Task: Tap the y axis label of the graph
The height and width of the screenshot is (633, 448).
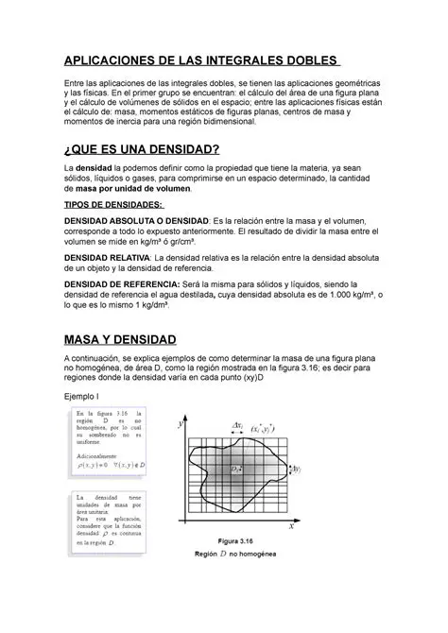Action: pos(179,425)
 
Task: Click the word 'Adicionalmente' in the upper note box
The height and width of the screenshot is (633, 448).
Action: pos(99,453)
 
